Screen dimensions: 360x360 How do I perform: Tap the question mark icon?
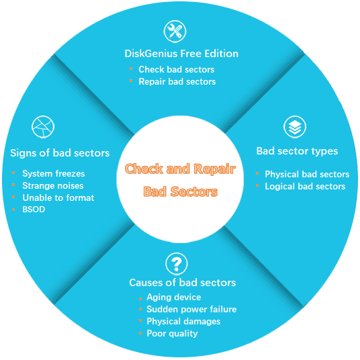(x=176, y=263)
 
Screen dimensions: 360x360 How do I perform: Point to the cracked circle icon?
(x=43, y=127)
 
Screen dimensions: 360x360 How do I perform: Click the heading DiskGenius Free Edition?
(x=181, y=54)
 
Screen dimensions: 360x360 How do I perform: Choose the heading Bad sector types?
(x=297, y=150)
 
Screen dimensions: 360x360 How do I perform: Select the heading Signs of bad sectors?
(x=60, y=152)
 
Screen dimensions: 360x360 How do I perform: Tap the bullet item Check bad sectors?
(x=177, y=69)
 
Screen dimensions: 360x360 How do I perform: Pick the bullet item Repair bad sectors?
(x=177, y=81)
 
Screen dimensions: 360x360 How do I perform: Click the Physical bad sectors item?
(x=307, y=174)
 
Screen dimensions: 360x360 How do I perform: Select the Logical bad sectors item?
(x=305, y=186)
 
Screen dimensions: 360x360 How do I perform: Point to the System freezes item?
(x=54, y=173)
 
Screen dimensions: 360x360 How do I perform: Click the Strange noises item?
(x=53, y=185)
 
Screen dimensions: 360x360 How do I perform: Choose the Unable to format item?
(x=58, y=197)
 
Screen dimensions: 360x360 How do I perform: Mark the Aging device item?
(x=174, y=297)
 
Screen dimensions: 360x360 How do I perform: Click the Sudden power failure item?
(x=191, y=309)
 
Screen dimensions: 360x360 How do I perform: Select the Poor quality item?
(x=172, y=333)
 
